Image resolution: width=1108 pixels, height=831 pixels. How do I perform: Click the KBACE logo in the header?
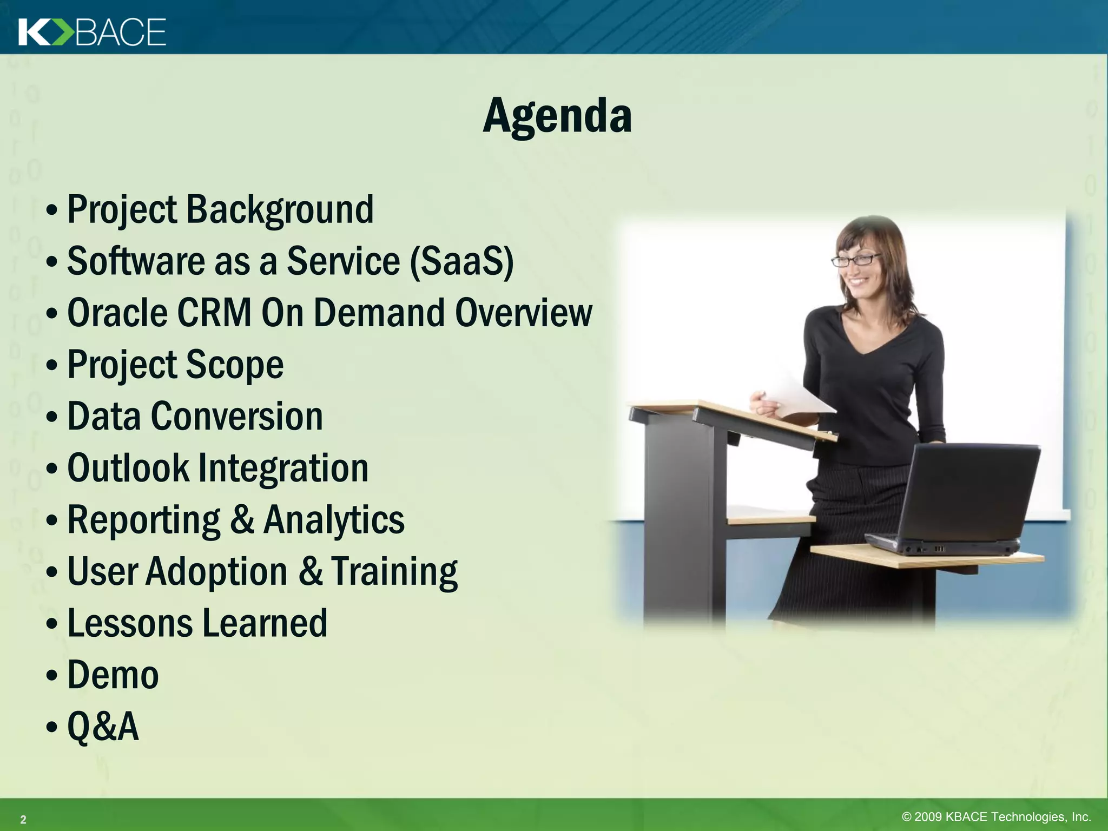click(92, 32)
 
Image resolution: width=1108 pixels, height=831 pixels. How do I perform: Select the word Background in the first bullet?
click(280, 209)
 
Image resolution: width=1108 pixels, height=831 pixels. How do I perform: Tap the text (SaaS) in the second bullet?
click(461, 261)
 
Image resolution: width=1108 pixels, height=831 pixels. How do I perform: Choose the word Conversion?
click(236, 416)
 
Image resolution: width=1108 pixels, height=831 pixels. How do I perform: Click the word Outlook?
click(128, 467)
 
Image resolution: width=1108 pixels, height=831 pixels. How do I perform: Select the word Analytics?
click(334, 519)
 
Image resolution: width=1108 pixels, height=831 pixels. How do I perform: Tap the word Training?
click(394, 571)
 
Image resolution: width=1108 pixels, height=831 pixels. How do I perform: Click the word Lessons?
click(130, 623)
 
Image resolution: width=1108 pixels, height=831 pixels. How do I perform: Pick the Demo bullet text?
click(113, 675)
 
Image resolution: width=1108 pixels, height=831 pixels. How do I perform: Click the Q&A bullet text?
click(103, 726)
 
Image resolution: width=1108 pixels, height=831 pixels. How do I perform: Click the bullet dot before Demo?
click(51, 676)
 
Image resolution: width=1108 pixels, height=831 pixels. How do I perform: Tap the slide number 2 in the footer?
click(23, 819)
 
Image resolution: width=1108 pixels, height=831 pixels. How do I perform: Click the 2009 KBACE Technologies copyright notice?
click(996, 816)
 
